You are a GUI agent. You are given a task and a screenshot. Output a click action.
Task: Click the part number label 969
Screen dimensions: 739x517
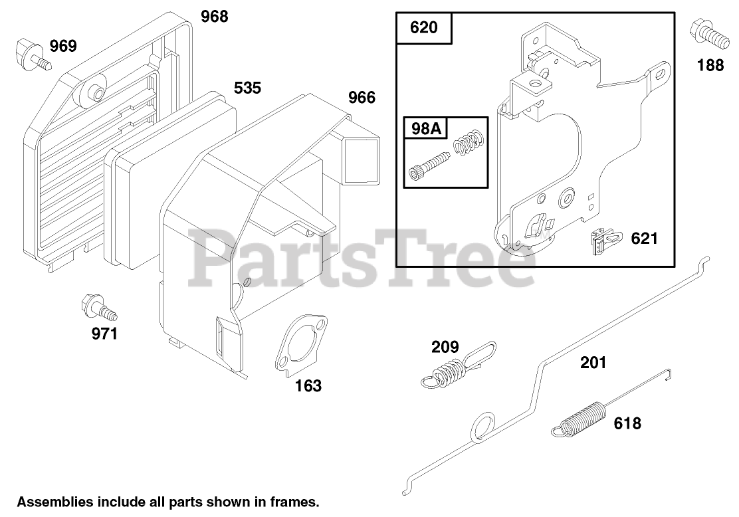[x=63, y=46]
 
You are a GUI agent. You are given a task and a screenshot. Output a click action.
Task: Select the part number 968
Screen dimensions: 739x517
[x=214, y=16]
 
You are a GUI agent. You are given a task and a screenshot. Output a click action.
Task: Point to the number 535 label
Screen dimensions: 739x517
[x=247, y=88]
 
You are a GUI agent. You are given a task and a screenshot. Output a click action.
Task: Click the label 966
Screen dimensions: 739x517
[x=362, y=98]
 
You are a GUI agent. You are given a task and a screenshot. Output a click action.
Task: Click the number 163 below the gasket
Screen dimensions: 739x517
[x=308, y=385]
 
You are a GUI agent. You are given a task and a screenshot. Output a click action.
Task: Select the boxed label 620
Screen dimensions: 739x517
[x=424, y=28]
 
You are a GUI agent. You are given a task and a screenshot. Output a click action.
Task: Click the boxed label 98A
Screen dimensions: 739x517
[x=425, y=129]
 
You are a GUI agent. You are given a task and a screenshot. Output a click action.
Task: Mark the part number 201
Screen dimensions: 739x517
[x=593, y=362]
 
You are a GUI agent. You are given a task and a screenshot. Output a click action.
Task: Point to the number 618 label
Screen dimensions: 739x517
[x=627, y=423]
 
